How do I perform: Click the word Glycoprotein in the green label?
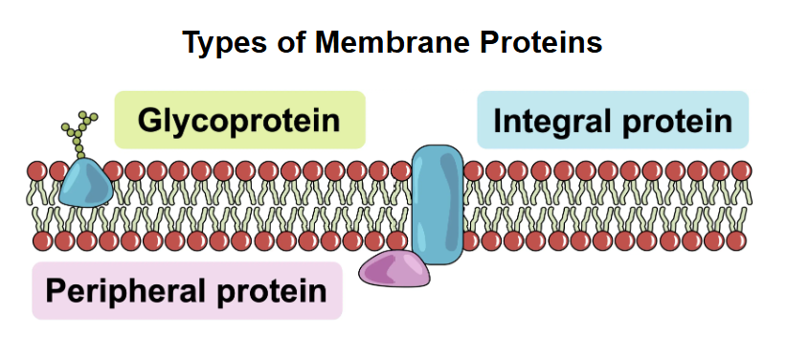coord(238,121)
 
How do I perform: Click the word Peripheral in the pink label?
coord(122,290)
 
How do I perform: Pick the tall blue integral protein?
coord(437,202)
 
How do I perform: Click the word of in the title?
coord(284,43)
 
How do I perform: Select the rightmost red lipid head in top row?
coord(741,172)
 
